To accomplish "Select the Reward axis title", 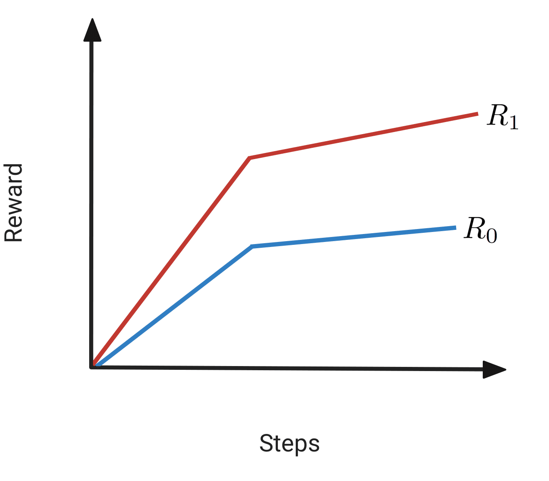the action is click(13, 203).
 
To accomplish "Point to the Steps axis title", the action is click(289, 444).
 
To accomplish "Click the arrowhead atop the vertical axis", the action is click(92, 30).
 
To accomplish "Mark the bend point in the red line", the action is click(250, 158).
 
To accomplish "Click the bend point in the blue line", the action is click(252, 247).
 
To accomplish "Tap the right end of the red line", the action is click(477, 113).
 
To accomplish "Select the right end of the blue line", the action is click(455, 227).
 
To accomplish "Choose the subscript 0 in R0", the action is click(492, 236).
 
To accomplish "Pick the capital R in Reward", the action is click(13, 234).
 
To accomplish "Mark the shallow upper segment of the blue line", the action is click(354, 237).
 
